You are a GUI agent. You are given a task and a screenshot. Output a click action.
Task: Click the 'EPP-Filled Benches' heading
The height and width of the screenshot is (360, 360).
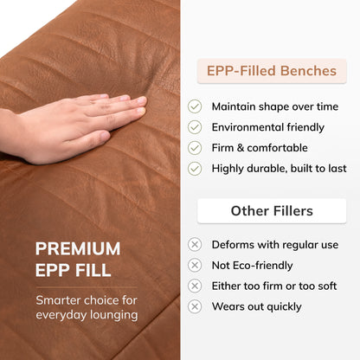(x=272, y=71)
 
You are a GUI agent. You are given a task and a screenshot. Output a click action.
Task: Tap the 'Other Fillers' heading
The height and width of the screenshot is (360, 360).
(x=272, y=211)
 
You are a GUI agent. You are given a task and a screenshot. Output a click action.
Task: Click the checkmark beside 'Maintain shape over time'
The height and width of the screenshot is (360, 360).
(x=195, y=106)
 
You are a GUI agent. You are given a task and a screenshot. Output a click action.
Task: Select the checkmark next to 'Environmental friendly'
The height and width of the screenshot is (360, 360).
(x=195, y=127)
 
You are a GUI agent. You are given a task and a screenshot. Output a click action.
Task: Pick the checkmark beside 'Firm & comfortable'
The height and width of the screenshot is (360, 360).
(x=195, y=148)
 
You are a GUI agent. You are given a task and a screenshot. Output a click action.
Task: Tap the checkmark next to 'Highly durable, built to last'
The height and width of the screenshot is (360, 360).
(x=195, y=169)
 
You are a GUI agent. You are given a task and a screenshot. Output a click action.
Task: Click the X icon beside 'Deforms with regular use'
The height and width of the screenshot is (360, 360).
(x=195, y=245)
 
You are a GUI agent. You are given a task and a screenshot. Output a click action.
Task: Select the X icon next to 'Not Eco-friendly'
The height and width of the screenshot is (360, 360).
(x=195, y=266)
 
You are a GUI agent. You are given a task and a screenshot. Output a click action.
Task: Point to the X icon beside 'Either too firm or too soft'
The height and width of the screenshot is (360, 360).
(x=195, y=286)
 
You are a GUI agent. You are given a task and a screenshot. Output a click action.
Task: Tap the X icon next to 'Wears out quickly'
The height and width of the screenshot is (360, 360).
(x=195, y=306)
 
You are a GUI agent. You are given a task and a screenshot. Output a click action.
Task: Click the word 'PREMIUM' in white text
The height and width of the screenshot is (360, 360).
(x=78, y=248)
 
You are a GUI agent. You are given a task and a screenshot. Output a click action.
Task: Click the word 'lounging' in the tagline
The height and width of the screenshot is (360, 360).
(x=114, y=315)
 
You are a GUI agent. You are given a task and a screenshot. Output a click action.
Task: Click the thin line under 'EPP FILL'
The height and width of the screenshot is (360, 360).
(x=87, y=287)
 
